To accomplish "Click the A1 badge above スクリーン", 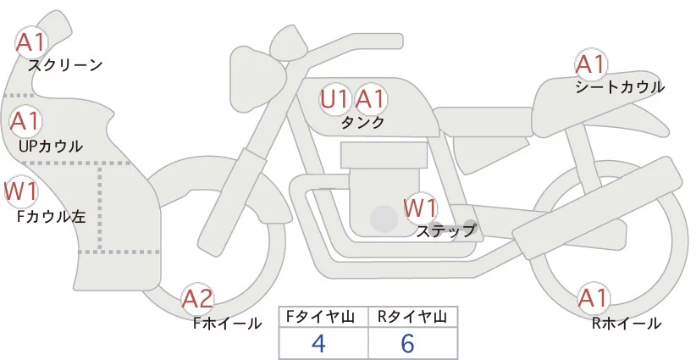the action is [32, 41].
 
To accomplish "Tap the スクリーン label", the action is [65, 65].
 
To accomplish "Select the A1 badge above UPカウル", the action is [25, 121].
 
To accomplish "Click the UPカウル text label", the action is [50, 146].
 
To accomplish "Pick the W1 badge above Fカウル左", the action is [20, 191].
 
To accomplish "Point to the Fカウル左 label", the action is [52, 216].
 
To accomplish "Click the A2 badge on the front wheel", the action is [197, 298].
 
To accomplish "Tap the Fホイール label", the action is [227, 322].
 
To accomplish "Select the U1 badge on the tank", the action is [334, 99].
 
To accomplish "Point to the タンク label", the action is [362, 123].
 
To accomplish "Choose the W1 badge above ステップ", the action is [420, 207].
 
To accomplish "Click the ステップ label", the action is [446, 230].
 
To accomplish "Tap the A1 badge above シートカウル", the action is [590, 64].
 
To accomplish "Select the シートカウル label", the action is [620, 87].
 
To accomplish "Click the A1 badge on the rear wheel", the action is [592, 298].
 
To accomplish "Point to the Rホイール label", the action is [627, 323].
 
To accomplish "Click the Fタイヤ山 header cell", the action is [324, 317].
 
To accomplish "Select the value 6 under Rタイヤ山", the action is [409, 343].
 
